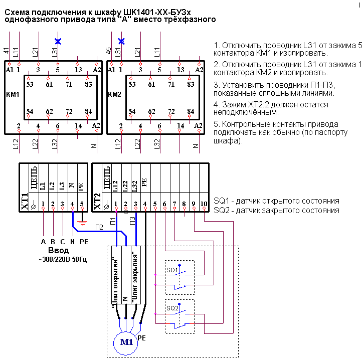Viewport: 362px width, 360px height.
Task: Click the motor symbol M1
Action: point(125,343)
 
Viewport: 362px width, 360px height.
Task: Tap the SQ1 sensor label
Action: point(172,270)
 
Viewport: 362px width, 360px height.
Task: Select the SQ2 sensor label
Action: point(172,308)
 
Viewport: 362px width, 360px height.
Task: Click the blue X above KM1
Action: point(58,41)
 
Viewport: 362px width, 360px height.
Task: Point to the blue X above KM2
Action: point(121,41)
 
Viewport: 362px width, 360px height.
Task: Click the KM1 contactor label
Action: point(13,94)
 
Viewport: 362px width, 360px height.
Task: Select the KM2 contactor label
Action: point(114,94)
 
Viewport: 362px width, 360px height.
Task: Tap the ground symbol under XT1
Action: point(82,223)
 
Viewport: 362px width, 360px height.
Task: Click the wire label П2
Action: point(99,227)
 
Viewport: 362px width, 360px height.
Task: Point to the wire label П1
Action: point(113,221)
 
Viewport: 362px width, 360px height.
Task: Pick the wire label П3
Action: point(132,221)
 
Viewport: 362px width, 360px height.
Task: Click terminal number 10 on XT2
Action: point(204,204)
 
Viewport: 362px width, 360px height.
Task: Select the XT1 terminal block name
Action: point(25,202)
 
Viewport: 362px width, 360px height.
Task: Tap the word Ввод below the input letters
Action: point(58,250)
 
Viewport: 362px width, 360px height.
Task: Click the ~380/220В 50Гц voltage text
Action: point(63,260)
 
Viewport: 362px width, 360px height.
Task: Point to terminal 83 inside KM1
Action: point(88,84)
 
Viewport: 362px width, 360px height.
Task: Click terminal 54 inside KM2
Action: point(132,111)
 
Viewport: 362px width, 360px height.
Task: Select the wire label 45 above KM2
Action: point(108,51)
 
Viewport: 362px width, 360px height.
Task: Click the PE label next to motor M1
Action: point(141,338)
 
